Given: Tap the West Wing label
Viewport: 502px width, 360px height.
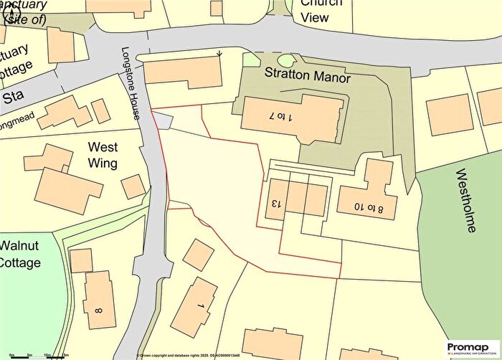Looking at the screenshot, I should click(x=102, y=154).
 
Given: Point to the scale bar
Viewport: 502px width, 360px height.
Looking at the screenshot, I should click(x=36, y=354).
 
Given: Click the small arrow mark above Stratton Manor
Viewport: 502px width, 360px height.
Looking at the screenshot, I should click(x=219, y=52).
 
